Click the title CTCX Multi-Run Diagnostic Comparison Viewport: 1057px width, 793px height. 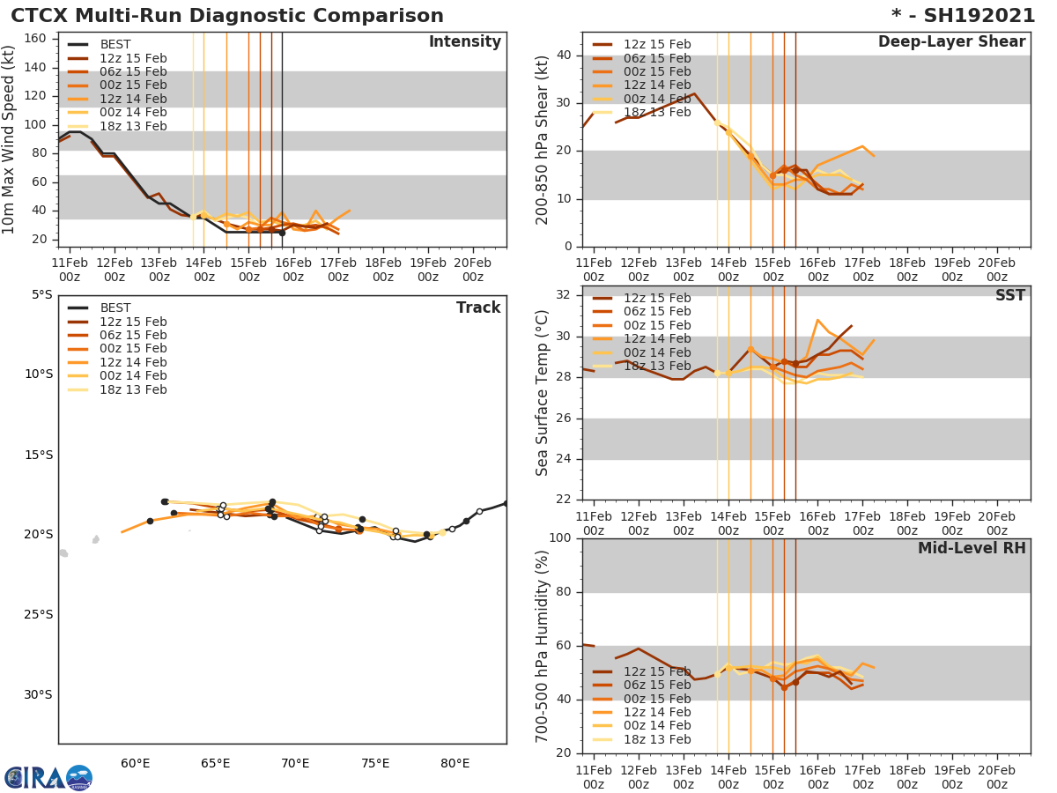tap(227, 16)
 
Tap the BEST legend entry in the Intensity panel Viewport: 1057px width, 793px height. tap(115, 45)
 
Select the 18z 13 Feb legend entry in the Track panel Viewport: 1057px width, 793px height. tap(132, 389)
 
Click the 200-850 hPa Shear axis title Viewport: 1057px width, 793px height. tap(543, 139)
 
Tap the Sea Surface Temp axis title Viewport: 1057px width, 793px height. tap(543, 393)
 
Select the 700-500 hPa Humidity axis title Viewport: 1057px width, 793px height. tap(543, 645)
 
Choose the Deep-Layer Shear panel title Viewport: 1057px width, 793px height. tap(951, 42)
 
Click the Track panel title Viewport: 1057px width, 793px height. tap(477, 308)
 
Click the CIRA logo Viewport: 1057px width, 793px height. tap(48, 778)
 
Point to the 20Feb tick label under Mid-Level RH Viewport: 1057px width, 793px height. tap(996, 771)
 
